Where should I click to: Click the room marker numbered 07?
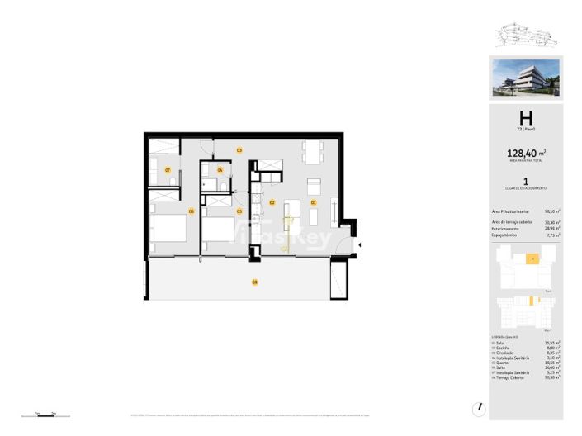tap(168, 169)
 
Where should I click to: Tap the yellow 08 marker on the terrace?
tap(255, 282)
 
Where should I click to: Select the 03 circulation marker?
tap(239, 149)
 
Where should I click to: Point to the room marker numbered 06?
tap(191, 211)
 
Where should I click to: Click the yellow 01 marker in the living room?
tap(314, 201)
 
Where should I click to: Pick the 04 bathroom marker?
tap(219, 170)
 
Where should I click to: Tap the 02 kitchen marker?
tap(272, 201)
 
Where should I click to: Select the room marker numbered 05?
tap(239, 211)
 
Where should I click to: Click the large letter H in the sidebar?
tap(525, 118)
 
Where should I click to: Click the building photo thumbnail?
tap(525, 77)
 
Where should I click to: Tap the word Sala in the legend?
tap(499, 343)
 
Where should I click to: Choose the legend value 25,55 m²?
tap(552, 343)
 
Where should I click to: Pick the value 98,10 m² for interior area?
tap(552, 212)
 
